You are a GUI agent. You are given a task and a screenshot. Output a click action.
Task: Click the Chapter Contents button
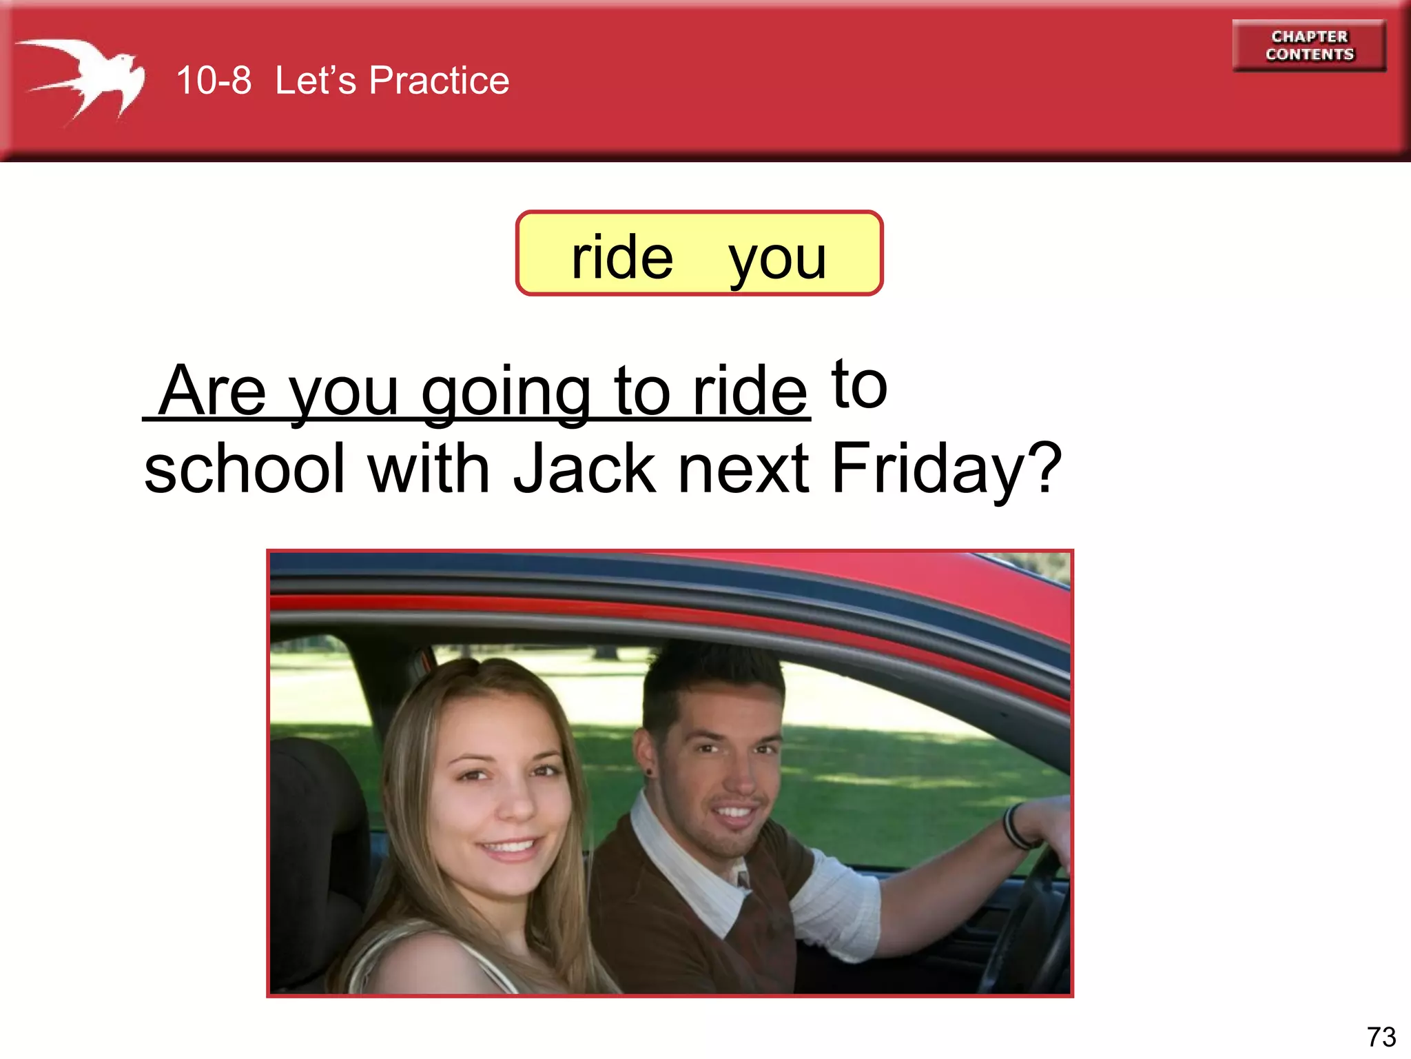click(x=1308, y=46)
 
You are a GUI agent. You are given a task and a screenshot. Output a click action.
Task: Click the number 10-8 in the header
click(x=214, y=81)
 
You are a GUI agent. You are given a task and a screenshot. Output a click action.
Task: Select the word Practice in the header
click(x=439, y=81)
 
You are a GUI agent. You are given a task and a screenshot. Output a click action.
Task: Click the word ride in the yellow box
click(x=622, y=258)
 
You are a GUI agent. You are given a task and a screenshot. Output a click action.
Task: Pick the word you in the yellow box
click(x=777, y=259)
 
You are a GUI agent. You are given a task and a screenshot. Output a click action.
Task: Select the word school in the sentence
click(x=244, y=469)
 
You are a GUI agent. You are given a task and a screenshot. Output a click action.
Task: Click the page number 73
click(x=1381, y=1037)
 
